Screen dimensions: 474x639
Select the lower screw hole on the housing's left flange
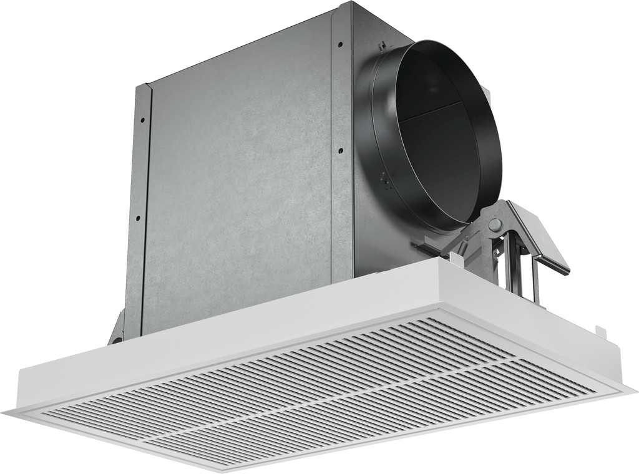[137, 218]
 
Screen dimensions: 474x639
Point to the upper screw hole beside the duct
[340, 44]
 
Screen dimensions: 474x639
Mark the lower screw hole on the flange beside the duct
[340, 150]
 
